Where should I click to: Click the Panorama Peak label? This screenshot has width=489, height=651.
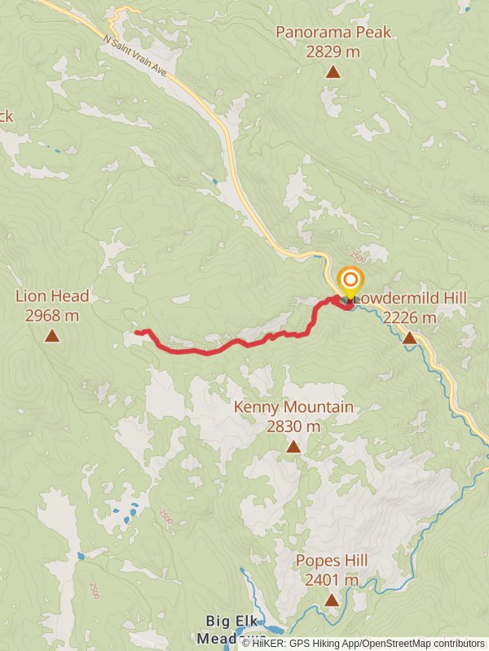(333, 33)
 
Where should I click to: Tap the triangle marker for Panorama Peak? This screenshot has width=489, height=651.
(333, 72)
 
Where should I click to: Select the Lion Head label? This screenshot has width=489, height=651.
(52, 296)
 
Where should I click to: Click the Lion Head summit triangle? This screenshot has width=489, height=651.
(52, 335)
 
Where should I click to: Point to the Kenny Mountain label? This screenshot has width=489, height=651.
(293, 407)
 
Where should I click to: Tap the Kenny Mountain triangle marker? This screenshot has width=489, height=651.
(293, 446)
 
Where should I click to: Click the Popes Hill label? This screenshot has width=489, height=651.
(332, 561)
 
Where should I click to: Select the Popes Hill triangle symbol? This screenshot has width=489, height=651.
(332, 601)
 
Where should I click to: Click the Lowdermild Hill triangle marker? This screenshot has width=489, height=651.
(409, 337)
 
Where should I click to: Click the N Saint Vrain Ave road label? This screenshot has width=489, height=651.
(135, 55)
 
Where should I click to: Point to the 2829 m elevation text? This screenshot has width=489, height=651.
(333, 51)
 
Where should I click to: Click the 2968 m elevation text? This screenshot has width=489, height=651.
(52, 316)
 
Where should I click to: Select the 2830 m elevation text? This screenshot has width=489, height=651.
(293, 426)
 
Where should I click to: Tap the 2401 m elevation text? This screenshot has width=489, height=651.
(332, 580)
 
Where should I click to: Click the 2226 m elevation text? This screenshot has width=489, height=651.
(409, 317)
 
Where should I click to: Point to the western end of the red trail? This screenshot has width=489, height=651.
(135, 333)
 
